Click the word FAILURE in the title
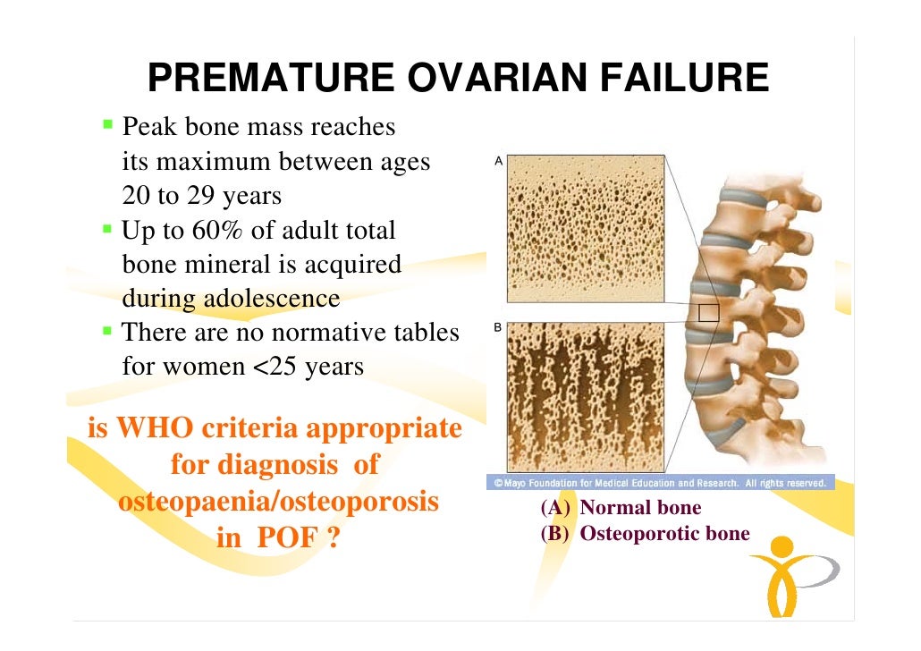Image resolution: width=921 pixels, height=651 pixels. click(686, 80)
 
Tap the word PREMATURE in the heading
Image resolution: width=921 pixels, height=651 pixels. click(271, 80)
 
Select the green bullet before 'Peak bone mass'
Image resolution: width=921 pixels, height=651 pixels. click(107, 124)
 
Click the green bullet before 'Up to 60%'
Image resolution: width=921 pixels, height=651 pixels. click(107, 229)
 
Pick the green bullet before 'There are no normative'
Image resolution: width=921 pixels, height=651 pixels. click(107, 332)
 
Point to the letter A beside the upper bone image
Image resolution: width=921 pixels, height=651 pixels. click(498, 162)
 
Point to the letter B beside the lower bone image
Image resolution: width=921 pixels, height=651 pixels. click(498, 329)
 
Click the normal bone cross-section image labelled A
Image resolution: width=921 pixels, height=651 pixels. click(586, 227)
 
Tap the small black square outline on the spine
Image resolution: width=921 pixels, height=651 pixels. click(708, 311)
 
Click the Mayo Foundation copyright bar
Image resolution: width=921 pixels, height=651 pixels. click(660, 483)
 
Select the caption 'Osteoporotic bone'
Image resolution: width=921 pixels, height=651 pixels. click(664, 535)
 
